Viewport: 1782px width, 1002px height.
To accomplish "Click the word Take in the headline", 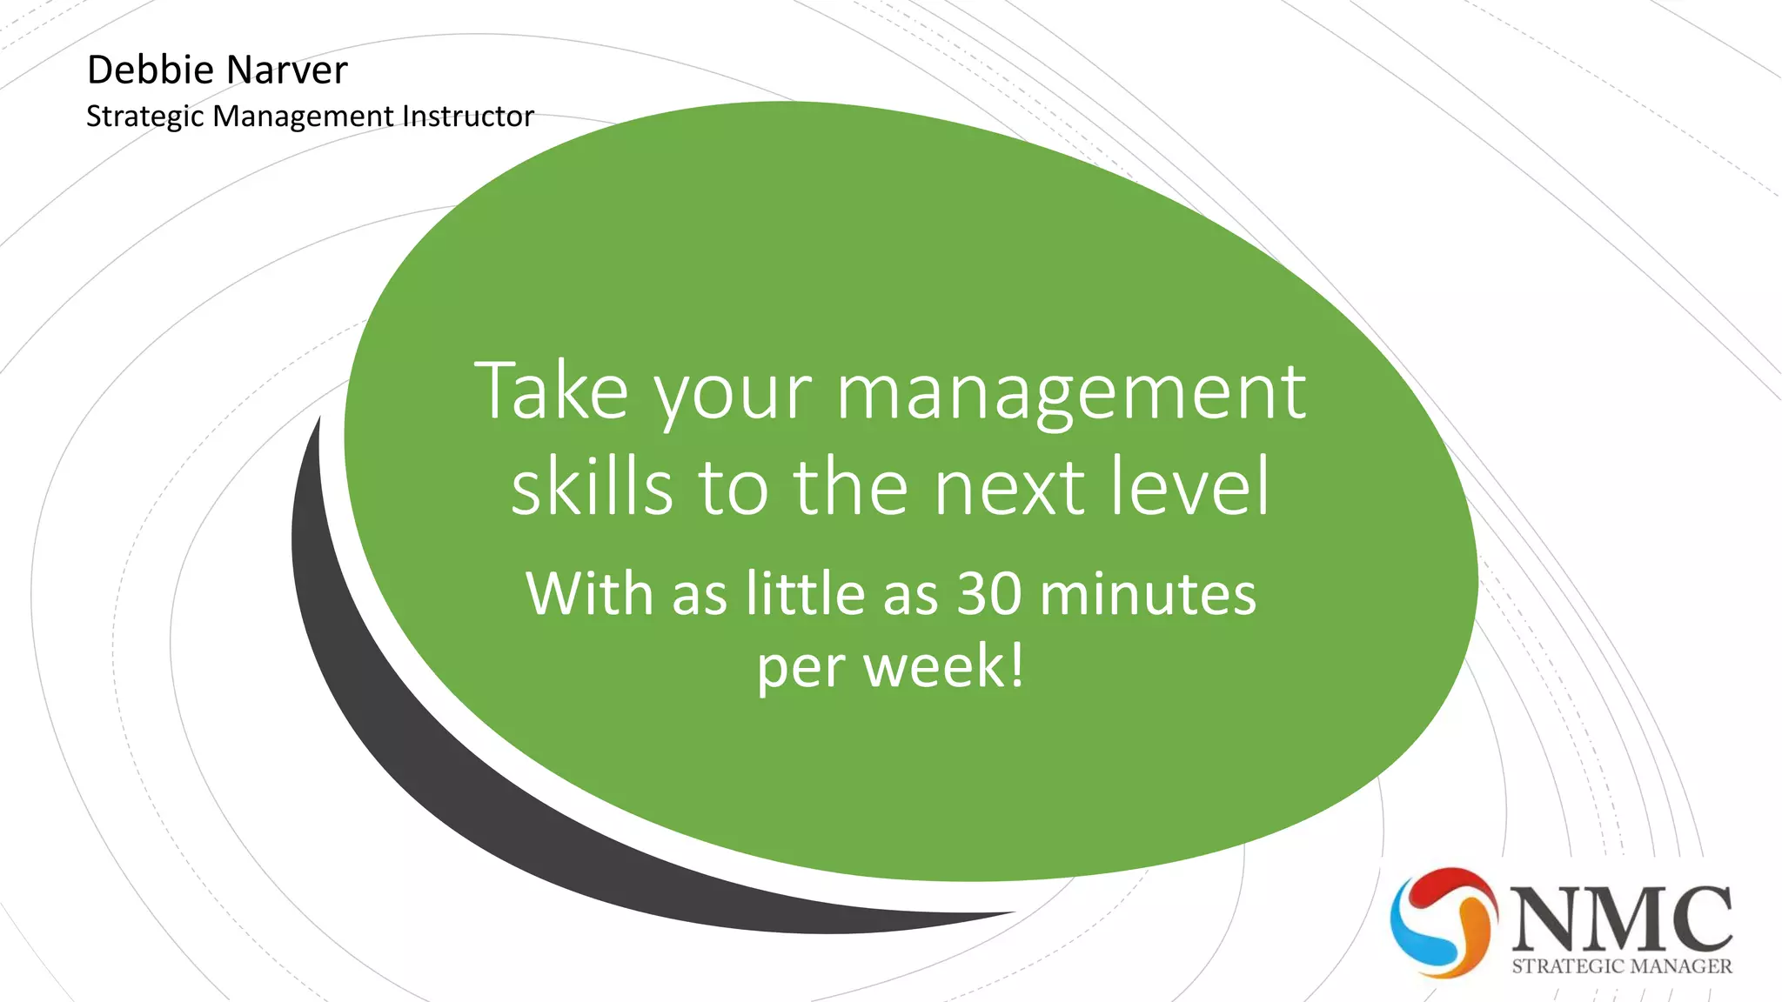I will coord(551,391).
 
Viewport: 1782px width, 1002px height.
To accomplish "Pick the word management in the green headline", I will coord(1070,393).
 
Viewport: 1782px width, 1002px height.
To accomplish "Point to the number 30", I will coord(989,595).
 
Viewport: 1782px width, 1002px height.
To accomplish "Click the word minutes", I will coord(1149,595).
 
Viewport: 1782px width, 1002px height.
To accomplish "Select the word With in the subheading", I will coord(589,595).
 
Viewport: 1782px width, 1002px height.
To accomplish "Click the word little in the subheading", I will coord(806,595).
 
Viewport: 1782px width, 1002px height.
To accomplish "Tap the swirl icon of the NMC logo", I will coord(1443,922).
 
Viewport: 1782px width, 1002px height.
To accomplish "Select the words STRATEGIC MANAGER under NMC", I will coord(1622,966).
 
